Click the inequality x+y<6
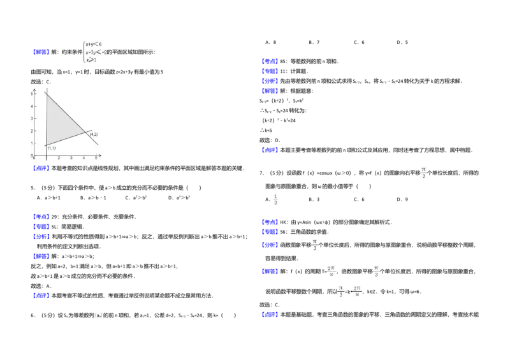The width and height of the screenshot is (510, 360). [94, 45]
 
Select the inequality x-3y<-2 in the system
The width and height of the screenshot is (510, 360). [96, 52]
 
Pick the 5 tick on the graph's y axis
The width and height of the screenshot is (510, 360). [32, 94]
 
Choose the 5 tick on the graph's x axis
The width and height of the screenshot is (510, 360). [96, 157]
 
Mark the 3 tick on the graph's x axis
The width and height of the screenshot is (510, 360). [71, 157]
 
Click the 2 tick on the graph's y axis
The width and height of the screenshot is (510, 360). [32, 131]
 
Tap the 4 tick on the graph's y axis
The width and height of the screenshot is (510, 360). [32, 106]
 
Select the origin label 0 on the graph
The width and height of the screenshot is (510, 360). [35, 157]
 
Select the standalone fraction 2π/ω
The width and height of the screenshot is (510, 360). [331, 272]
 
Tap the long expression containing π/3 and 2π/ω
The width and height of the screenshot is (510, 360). [351, 291]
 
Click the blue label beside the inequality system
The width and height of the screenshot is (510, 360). [41, 52]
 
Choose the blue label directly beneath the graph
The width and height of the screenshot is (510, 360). [41, 168]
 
